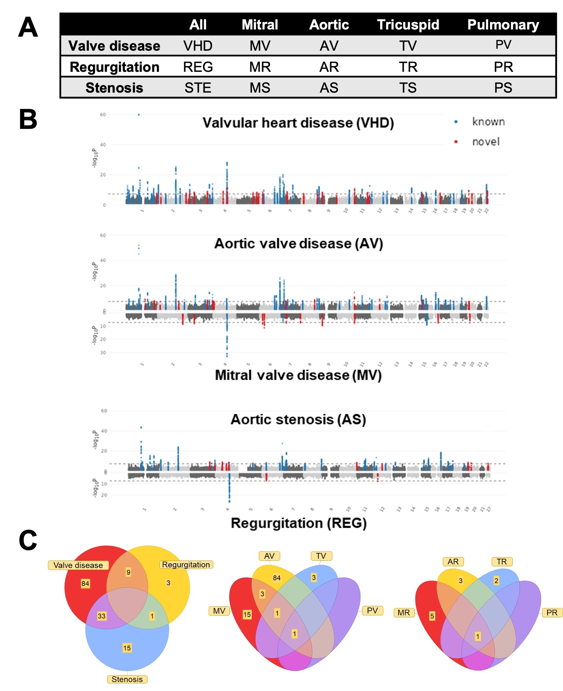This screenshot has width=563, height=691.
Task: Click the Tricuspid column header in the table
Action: (408, 25)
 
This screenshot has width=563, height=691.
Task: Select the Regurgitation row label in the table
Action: (115, 67)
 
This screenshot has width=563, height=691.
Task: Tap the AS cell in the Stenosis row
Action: (329, 88)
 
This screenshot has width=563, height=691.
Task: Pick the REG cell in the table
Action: (198, 67)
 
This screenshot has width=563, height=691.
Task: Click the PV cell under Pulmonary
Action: (503, 45)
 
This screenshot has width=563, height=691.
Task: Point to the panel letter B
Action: (28, 119)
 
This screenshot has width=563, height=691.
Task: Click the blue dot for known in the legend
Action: (456, 122)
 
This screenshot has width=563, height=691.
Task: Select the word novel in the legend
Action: (486, 142)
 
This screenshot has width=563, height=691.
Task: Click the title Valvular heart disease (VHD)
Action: (298, 123)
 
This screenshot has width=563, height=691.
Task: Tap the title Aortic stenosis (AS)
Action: (298, 419)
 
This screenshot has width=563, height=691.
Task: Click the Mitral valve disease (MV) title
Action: (298, 375)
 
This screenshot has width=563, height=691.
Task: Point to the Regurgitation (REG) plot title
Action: (299, 523)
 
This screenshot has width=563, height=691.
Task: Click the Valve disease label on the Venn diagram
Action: (78, 565)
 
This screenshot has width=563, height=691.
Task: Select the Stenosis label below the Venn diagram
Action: (127, 679)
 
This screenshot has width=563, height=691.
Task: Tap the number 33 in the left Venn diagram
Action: (101, 616)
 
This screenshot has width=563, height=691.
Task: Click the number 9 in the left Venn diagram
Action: (129, 572)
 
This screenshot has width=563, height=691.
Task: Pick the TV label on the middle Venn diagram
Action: (321, 556)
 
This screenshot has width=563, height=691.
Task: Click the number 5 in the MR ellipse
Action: (432, 616)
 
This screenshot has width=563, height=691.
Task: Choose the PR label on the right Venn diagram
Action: (552, 612)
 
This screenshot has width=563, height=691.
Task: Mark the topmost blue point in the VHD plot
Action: (139, 115)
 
